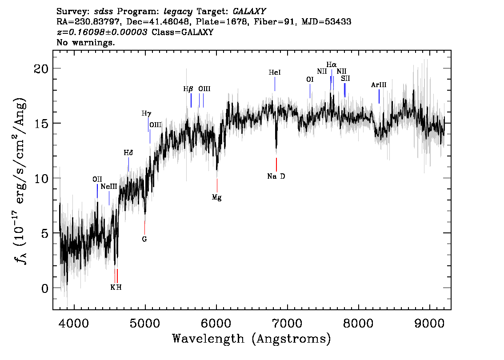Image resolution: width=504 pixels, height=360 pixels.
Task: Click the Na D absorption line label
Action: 276,176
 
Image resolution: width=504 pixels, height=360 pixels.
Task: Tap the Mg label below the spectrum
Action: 216,198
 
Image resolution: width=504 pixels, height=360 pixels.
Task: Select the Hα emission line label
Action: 332,64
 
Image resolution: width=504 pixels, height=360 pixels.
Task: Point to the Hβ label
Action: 188,89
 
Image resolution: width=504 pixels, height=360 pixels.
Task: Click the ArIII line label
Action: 379,85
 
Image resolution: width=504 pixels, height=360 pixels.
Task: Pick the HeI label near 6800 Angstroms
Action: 275,72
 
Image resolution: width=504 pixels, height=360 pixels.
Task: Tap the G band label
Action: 144,239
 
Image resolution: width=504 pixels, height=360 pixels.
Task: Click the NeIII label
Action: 109,187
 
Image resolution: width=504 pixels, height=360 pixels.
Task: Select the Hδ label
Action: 128,153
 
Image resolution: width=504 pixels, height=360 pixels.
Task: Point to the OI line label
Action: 310,80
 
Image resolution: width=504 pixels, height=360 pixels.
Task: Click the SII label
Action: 345,79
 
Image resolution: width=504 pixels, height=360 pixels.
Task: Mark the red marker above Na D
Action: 276,164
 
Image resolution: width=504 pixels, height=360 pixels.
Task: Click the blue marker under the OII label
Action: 97,191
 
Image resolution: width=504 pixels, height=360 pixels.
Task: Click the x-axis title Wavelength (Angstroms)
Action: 252,339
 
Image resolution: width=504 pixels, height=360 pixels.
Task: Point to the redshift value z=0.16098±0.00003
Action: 102,32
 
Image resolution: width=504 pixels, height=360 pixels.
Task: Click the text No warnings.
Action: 86,43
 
